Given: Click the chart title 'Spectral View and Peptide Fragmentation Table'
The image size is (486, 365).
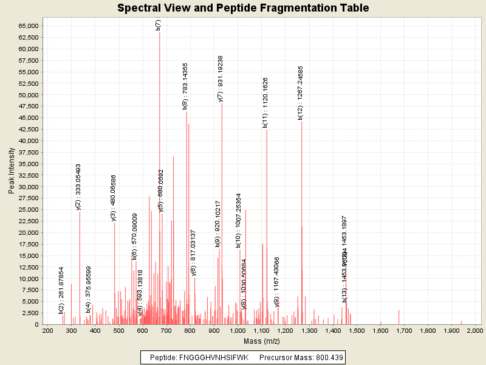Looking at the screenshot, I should [x=243, y=8].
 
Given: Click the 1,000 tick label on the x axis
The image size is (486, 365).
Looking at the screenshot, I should [x=238, y=330].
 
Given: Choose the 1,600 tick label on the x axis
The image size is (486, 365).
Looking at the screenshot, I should [x=380, y=330].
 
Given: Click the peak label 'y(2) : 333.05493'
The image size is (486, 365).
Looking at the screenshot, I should [x=78, y=187].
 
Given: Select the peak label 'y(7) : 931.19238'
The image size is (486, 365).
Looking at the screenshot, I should [x=221, y=78].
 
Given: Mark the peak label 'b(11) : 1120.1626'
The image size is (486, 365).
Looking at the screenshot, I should [x=265, y=103].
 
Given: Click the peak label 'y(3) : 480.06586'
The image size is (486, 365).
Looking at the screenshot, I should [x=114, y=197].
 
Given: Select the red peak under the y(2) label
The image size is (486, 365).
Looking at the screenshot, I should [x=80, y=268].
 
